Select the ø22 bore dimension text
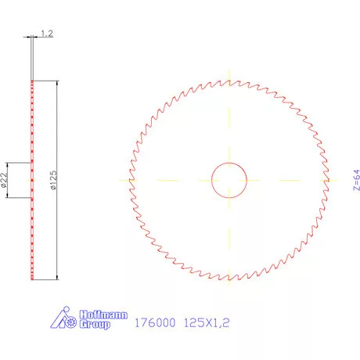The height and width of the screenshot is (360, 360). (x=5, y=181)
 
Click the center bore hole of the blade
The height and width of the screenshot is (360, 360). (x=229, y=180)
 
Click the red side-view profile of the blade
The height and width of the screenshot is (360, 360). (x=32, y=235)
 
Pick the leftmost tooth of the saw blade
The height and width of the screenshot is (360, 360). (x=128, y=180)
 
